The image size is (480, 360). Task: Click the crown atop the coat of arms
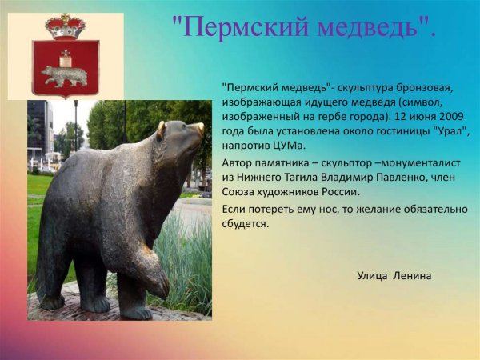tap(66, 26)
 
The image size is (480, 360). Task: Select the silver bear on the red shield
tap(65, 75)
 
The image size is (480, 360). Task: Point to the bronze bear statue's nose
tap(199, 127)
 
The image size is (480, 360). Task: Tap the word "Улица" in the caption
tap(372, 275)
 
